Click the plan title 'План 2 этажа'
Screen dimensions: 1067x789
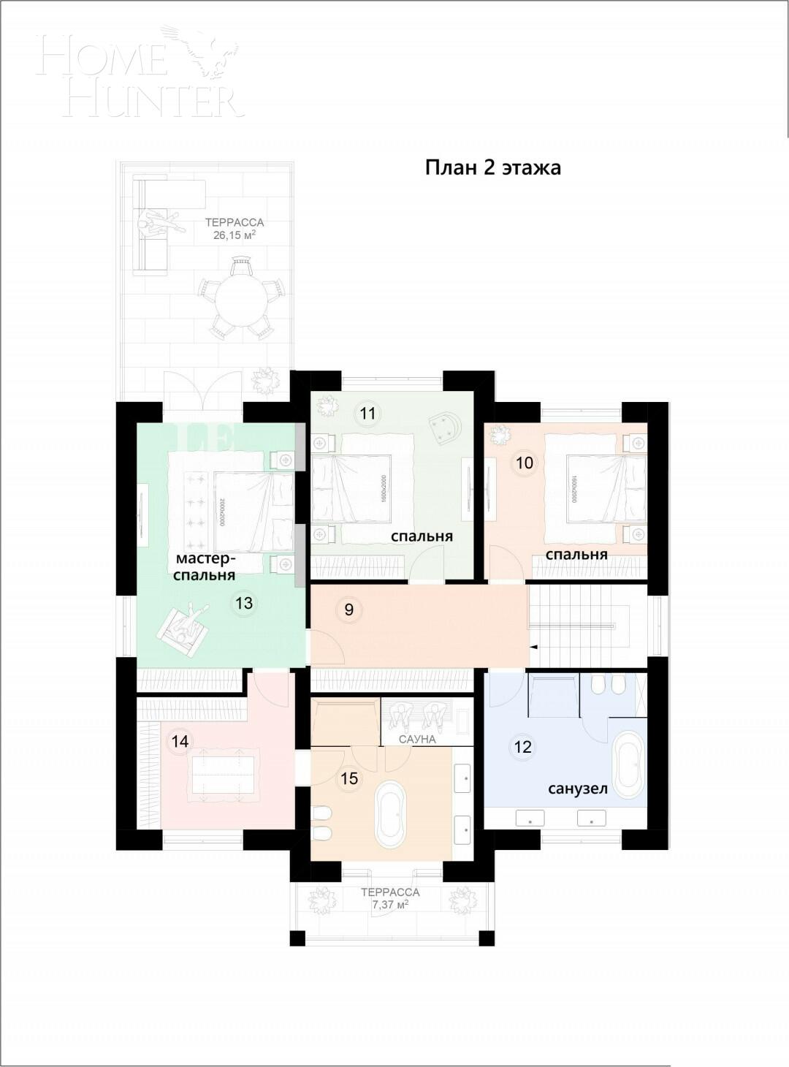click(x=493, y=167)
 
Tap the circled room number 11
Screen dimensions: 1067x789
click(x=367, y=414)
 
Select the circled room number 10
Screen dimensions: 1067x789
click(x=525, y=463)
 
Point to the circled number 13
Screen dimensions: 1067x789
click(x=244, y=603)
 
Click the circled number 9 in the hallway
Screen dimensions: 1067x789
click(x=349, y=609)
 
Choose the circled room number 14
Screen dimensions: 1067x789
click(x=180, y=742)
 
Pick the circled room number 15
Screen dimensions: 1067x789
click(x=349, y=778)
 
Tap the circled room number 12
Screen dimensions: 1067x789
click(x=522, y=747)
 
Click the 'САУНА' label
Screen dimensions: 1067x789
click(x=417, y=739)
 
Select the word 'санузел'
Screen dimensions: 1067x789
click(x=578, y=789)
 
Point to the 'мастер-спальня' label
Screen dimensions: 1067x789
click(x=205, y=567)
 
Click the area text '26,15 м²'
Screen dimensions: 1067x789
click(x=234, y=235)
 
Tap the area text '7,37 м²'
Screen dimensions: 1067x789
click(x=390, y=905)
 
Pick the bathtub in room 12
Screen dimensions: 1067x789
click(x=628, y=764)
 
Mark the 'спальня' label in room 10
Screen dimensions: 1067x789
click(x=576, y=554)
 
